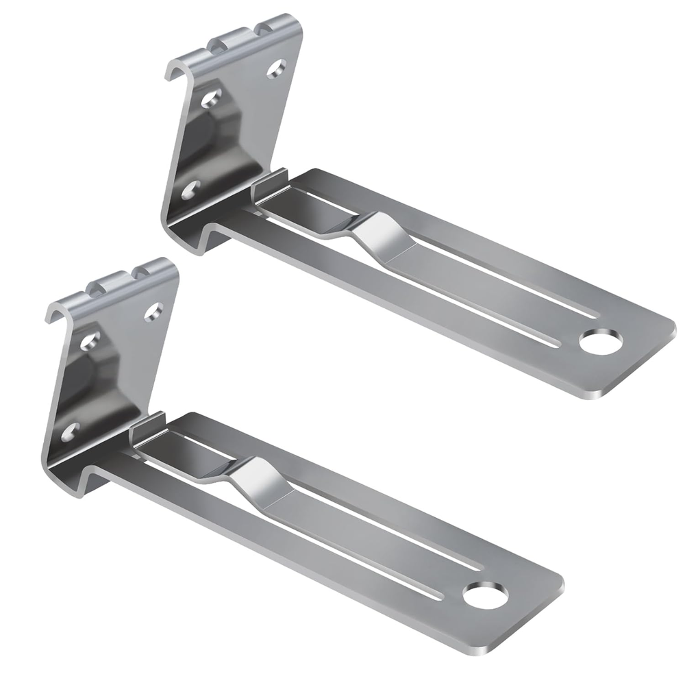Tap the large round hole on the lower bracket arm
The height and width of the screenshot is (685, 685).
click(487, 594)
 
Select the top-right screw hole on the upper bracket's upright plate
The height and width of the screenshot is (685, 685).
click(277, 67)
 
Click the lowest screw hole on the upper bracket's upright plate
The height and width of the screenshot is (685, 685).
click(190, 190)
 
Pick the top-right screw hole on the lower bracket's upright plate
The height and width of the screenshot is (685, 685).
click(154, 312)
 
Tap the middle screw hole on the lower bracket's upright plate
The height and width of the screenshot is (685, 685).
click(90, 341)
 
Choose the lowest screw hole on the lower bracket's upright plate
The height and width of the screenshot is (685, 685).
click(69, 432)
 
